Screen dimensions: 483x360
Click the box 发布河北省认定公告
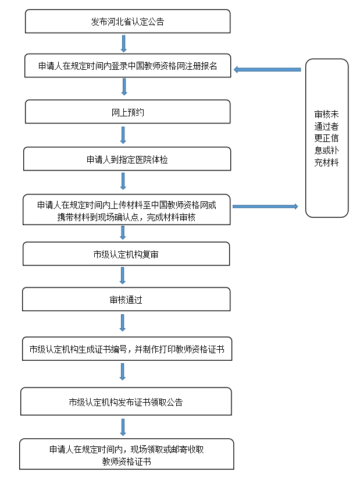(x=127, y=22)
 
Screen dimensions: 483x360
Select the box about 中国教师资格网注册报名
(x=127, y=66)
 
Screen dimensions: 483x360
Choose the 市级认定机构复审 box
(x=126, y=254)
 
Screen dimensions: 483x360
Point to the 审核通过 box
(x=126, y=300)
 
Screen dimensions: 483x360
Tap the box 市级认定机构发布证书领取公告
(x=126, y=402)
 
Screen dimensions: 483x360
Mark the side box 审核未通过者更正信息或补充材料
(x=326, y=138)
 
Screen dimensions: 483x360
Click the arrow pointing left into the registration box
(x=267, y=70)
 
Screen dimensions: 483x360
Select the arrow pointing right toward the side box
(x=265, y=207)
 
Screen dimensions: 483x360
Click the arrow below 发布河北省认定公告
(x=123, y=44)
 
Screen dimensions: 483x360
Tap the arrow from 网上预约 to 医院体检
(x=123, y=135)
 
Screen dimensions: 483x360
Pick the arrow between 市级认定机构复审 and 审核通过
(x=123, y=276)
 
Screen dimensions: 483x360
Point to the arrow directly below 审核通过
(x=123, y=323)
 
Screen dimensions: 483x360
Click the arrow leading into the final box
(x=123, y=427)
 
